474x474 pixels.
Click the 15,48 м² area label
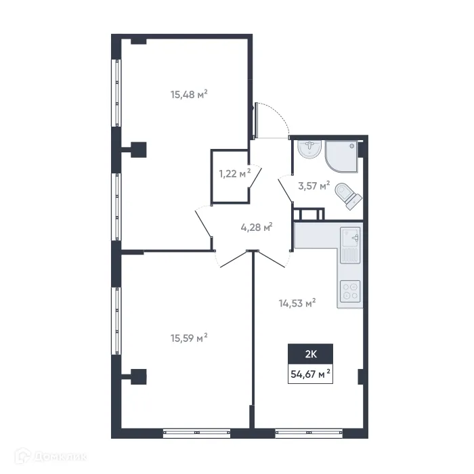tap(188, 95)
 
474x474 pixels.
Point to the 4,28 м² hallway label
tap(257, 228)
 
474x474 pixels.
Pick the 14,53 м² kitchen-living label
tap(297, 304)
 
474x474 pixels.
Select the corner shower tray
tap(344, 155)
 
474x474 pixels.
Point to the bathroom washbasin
tap(309, 149)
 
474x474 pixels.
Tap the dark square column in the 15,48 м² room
tap(139, 148)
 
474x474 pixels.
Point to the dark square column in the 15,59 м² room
tap(139, 376)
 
